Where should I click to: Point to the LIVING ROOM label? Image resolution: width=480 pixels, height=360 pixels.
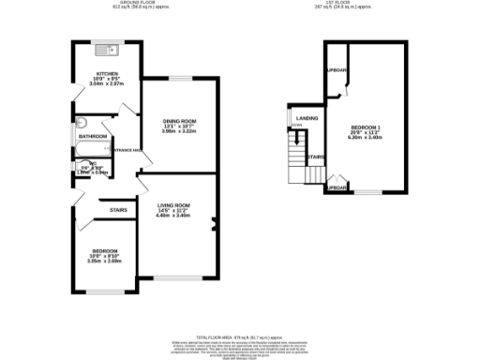[x=173, y=205]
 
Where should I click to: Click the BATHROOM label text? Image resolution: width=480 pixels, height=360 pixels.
[x=92, y=137]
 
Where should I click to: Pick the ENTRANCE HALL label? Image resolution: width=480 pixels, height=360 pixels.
[x=126, y=150]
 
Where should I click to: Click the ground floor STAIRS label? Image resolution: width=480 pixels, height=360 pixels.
[x=118, y=210]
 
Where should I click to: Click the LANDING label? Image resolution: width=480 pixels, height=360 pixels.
[x=307, y=118]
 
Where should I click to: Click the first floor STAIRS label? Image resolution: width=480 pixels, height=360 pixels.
[x=316, y=157]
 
